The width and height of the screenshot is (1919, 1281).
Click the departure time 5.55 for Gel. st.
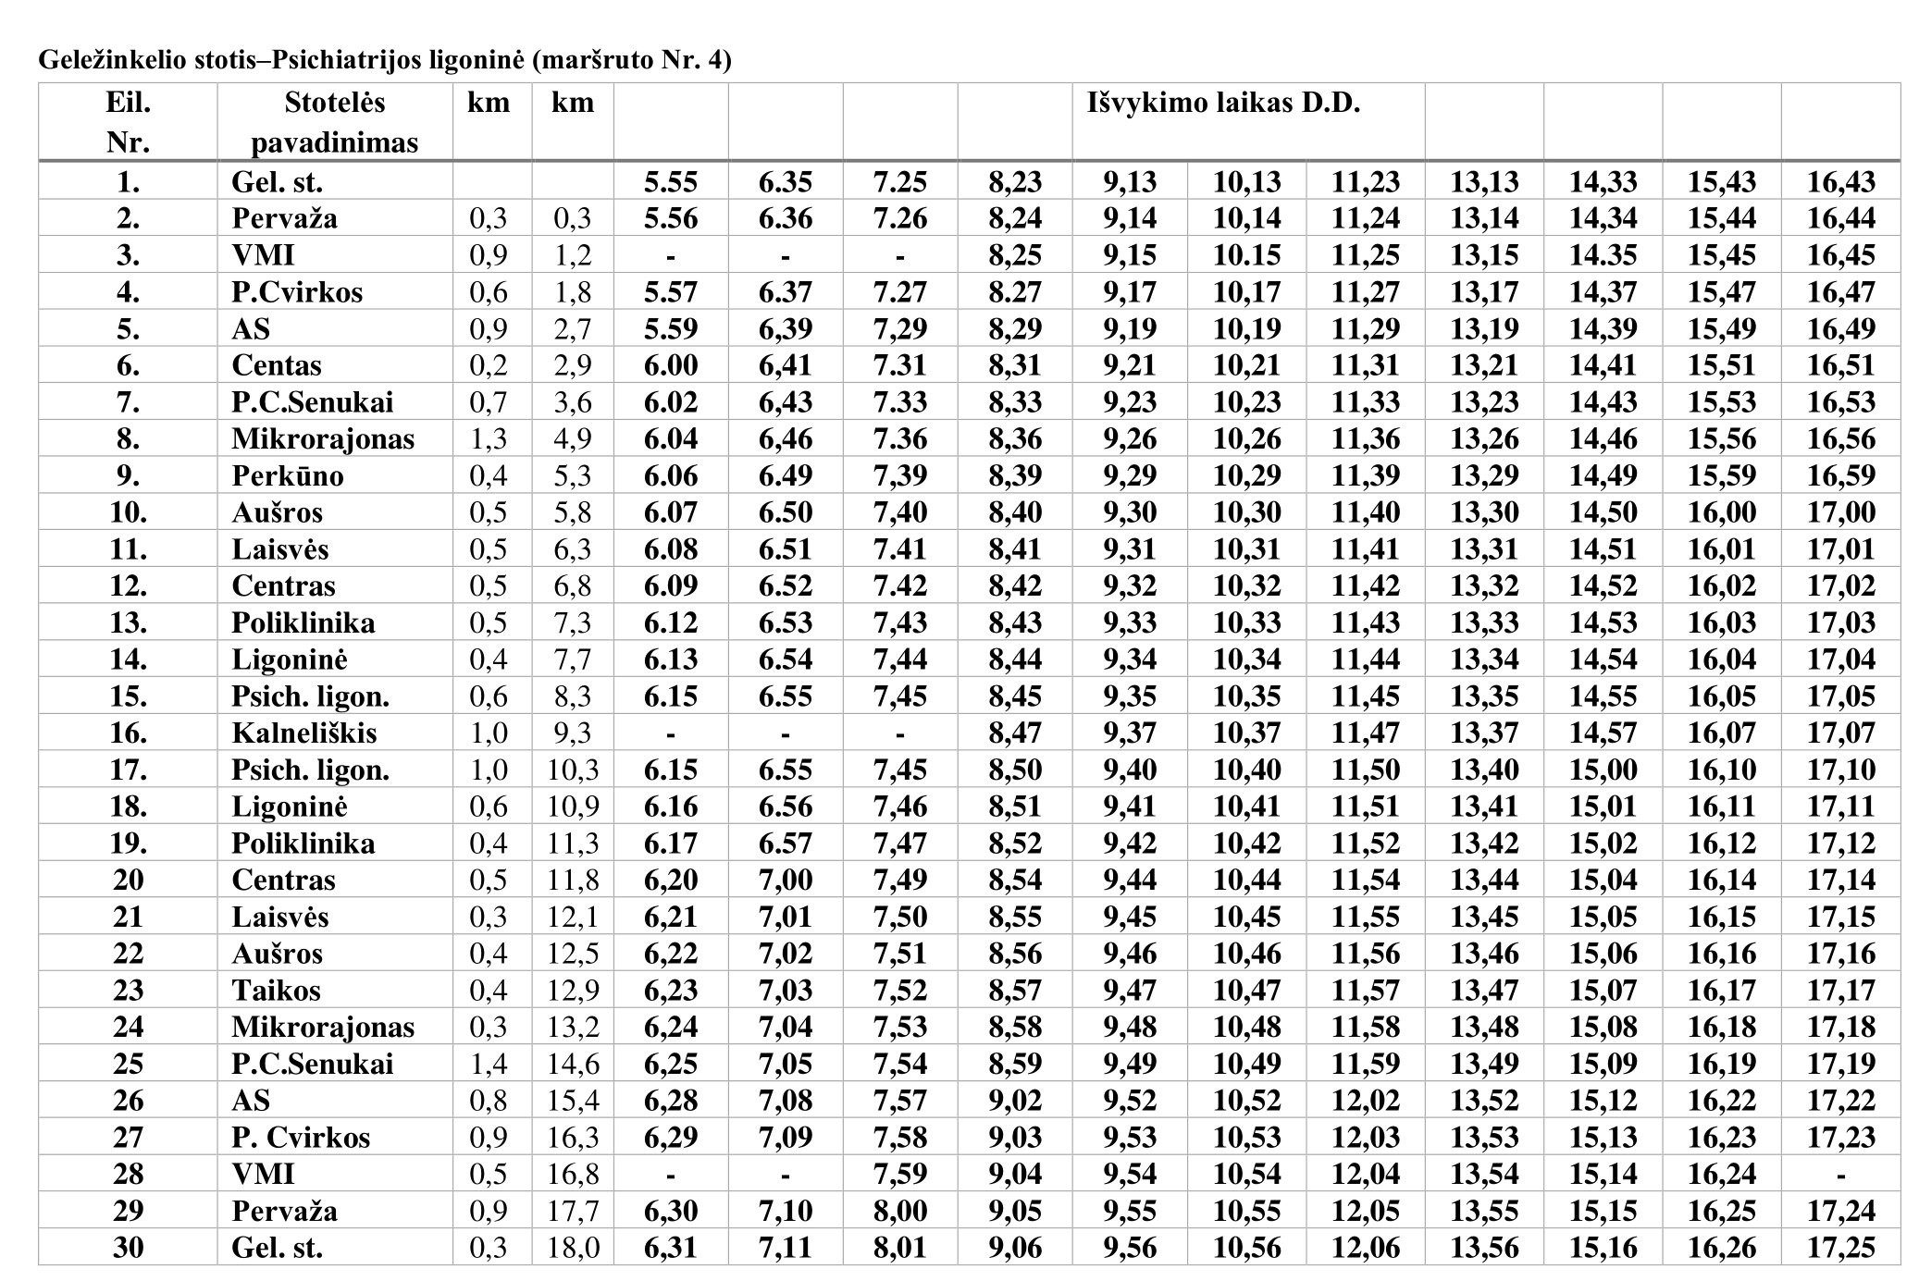670,182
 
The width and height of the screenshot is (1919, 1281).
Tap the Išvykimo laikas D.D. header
1223,103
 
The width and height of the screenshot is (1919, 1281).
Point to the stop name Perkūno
287,476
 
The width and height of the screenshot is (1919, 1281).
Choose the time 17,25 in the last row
1840,1248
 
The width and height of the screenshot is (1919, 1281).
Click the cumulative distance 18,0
573,1248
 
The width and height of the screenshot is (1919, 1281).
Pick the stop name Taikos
276,991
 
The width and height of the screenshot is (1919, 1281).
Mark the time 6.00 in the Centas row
670,365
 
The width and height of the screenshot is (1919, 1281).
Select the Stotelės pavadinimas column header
334,122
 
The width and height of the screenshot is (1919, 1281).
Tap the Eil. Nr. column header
128,122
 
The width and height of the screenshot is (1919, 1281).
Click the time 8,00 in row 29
899,1211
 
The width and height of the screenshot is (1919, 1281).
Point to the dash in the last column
1840,1175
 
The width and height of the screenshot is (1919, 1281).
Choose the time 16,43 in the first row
1840,182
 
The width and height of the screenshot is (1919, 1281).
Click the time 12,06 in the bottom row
1365,1248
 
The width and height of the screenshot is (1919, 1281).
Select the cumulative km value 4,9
573,439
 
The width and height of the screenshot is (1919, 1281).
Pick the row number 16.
128,733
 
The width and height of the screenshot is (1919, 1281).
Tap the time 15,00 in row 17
1603,770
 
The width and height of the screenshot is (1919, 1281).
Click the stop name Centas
276,365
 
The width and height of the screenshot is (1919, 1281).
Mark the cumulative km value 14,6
573,1064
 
